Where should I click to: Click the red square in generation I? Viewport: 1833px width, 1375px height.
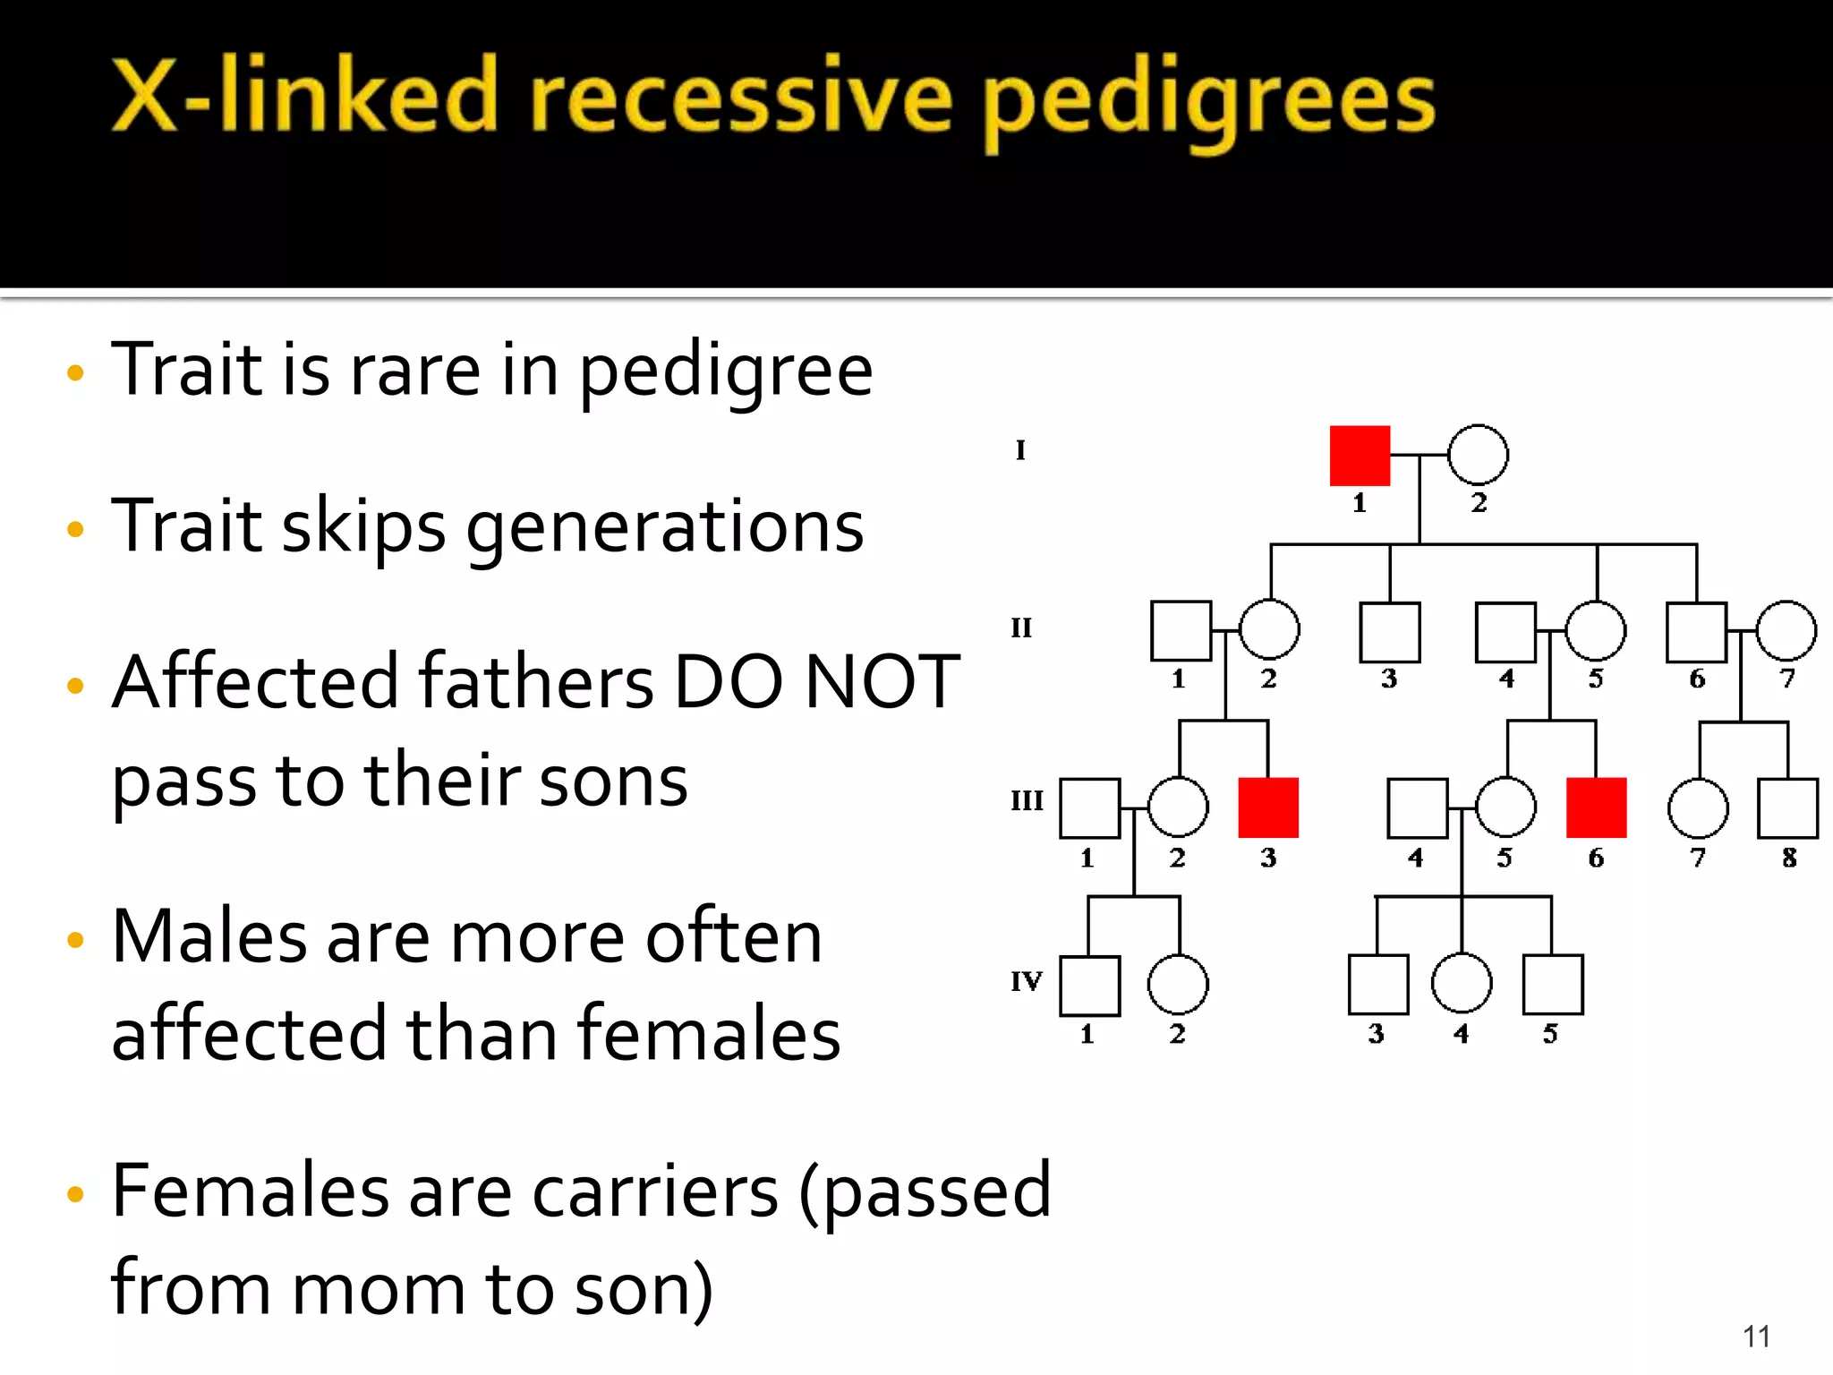coord(1360,456)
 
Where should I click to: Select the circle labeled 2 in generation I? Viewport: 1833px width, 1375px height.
coord(1478,455)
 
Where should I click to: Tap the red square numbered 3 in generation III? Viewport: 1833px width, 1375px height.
coord(1268,807)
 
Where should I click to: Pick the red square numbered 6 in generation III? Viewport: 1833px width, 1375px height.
coord(1596,807)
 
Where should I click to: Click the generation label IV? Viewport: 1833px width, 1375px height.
coord(1027,981)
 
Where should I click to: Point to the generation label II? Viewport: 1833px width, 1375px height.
coord(1021,628)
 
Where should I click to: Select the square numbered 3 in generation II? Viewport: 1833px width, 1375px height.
coord(1389,632)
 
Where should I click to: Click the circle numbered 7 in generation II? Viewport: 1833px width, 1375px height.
coord(1786,631)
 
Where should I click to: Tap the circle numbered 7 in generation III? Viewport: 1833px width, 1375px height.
coord(1698,808)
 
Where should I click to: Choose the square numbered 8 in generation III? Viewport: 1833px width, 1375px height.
coord(1787,808)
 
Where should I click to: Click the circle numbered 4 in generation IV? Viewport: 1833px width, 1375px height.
coord(1462,983)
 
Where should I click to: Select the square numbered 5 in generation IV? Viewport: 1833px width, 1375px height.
coord(1553,985)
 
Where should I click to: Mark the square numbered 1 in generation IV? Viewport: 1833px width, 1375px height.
coord(1089,986)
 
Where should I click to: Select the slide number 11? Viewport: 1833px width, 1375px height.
coord(1756,1337)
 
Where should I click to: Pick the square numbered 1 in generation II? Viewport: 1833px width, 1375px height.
coord(1181,631)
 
